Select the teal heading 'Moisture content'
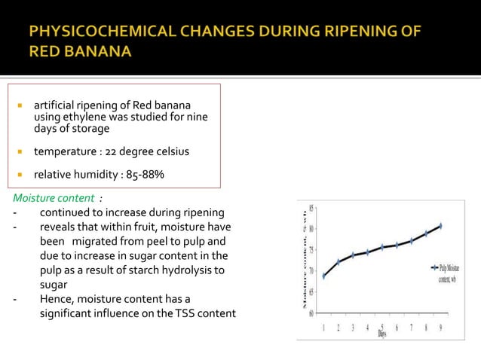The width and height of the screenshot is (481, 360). click(52, 198)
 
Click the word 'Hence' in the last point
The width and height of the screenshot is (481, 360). click(56, 298)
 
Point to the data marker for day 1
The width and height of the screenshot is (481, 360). click(324, 276)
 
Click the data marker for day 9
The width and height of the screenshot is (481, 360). click(440, 225)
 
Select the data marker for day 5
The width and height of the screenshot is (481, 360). click(382, 247)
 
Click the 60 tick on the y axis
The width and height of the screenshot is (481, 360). click(312, 313)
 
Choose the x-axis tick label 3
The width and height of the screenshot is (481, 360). click(353, 328)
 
